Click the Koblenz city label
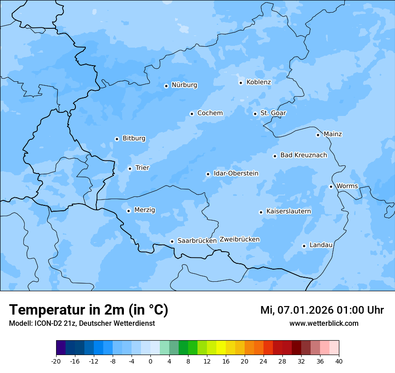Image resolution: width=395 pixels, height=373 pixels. pos(259,82)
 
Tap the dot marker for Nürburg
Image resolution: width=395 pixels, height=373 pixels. pos(166,86)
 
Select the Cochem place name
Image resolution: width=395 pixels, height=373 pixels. pos(210,113)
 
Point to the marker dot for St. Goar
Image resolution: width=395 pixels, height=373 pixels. pos(255,114)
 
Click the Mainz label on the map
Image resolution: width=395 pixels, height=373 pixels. pos(333,134)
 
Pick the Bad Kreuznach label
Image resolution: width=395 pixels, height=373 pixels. pos(303,155)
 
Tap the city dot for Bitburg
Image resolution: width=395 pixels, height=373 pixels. pos(117,139)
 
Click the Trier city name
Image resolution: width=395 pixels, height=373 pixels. pos(142,168)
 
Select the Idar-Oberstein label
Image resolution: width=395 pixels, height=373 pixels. pos(236,173)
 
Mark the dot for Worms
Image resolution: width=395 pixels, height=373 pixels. pos(331,186)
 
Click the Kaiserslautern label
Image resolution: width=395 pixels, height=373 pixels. pos(288,212)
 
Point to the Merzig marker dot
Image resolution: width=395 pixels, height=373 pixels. pos(128,211)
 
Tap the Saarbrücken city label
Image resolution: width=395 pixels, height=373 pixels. pos(197,241)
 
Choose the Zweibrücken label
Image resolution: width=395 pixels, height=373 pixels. pos(239,240)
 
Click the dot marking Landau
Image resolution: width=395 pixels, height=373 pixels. pos(304,246)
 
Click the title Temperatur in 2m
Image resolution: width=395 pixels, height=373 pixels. pos(88,310)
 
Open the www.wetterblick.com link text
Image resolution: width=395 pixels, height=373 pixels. pos(324,324)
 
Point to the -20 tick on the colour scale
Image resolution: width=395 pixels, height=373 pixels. pos(56,361)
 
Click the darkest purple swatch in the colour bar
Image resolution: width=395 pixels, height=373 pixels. pos(61,348)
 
